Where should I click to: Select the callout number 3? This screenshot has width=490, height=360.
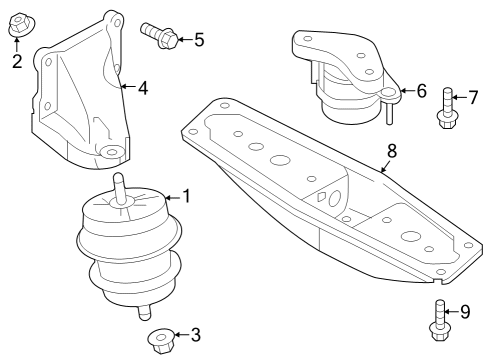[194, 334]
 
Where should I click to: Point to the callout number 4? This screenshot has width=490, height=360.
[143, 88]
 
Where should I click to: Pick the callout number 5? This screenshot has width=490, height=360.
[199, 40]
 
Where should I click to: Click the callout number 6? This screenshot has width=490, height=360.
[421, 91]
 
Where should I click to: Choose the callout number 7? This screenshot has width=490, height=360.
[474, 97]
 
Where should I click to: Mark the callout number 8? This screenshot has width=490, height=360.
[391, 151]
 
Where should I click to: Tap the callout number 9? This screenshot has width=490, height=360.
[464, 312]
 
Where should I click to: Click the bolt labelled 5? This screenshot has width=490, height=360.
[161, 35]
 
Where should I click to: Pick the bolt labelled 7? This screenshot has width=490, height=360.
[446, 110]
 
